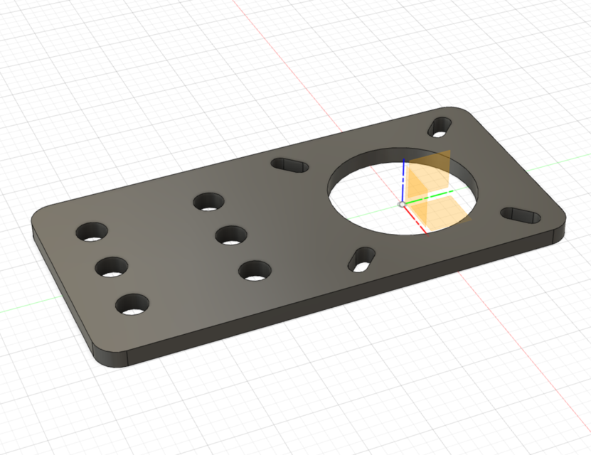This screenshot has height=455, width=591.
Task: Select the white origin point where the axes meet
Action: [402, 205]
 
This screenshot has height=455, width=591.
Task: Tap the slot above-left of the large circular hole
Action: [290, 165]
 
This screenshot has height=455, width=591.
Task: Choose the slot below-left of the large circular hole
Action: [363, 259]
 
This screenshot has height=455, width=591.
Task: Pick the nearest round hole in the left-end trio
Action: [132, 305]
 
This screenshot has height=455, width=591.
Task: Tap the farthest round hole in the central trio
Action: [208, 202]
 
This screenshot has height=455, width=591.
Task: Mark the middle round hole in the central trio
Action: [230, 235]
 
